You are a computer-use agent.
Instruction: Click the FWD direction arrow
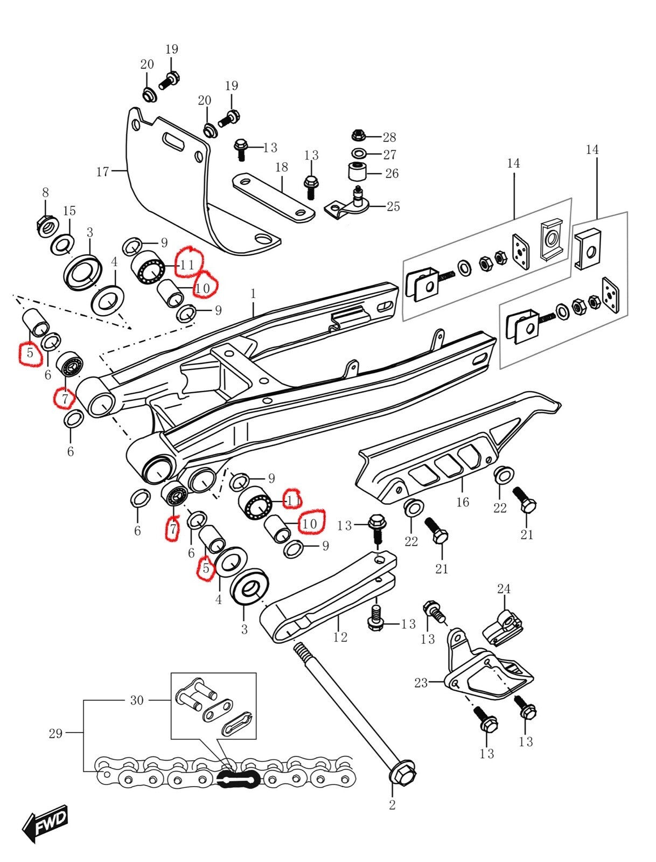(45, 823)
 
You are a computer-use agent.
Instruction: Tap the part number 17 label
(102, 172)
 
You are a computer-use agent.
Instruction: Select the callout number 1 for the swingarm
(253, 294)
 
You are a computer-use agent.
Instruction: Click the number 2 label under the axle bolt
(392, 805)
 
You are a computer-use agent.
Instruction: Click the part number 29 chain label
(55, 733)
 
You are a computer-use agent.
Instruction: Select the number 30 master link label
(137, 700)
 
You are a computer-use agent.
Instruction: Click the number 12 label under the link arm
(340, 637)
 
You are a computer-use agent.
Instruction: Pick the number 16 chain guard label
(463, 502)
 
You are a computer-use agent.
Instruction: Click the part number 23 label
(421, 683)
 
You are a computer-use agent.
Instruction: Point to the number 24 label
(504, 589)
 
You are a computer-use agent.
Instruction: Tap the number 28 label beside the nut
(389, 137)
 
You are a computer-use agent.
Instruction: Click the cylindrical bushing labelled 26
(356, 172)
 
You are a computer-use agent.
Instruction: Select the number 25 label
(393, 206)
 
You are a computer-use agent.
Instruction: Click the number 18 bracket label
(282, 167)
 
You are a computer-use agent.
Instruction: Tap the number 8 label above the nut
(46, 192)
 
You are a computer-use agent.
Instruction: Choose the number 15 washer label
(69, 211)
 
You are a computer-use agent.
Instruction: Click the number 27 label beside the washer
(389, 155)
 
